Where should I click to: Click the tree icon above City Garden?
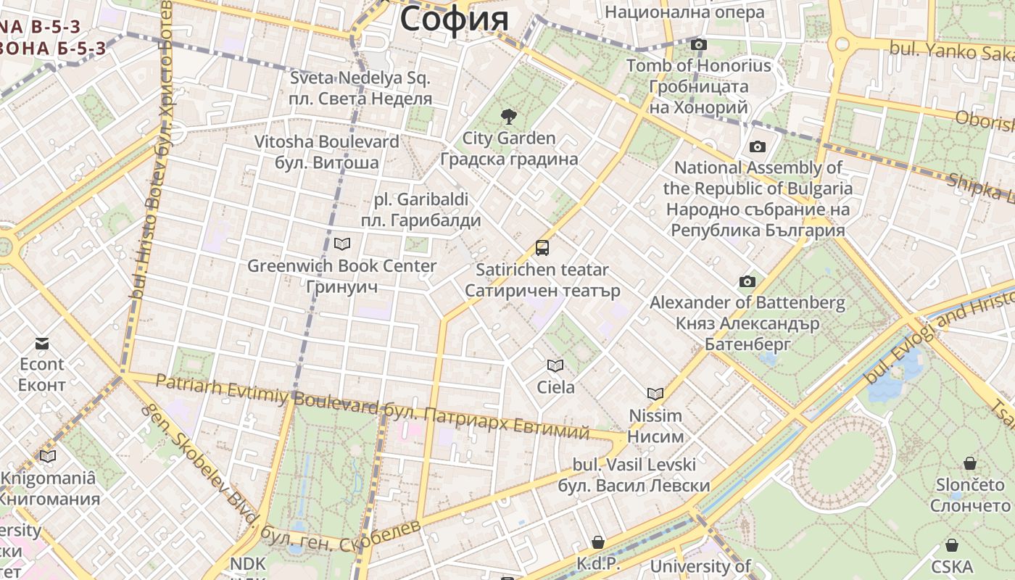point(509,116)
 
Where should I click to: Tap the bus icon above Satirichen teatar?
point(542,248)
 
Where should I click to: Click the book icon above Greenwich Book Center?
point(342,244)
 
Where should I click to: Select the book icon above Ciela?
point(555,365)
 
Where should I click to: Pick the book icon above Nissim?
point(655,394)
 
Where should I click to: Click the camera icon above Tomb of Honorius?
point(699,45)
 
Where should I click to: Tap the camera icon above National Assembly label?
point(758,147)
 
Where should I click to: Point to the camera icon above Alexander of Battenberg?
point(747,281)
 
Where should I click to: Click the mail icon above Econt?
point(42,342)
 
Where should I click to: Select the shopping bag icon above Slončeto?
point(970,463)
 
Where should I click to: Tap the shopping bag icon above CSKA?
point(952,545)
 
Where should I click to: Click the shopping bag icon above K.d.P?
point(598,542)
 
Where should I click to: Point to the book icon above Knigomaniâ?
point(48,456)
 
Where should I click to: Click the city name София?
point(455,19)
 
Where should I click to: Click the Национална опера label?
point(684,12)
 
